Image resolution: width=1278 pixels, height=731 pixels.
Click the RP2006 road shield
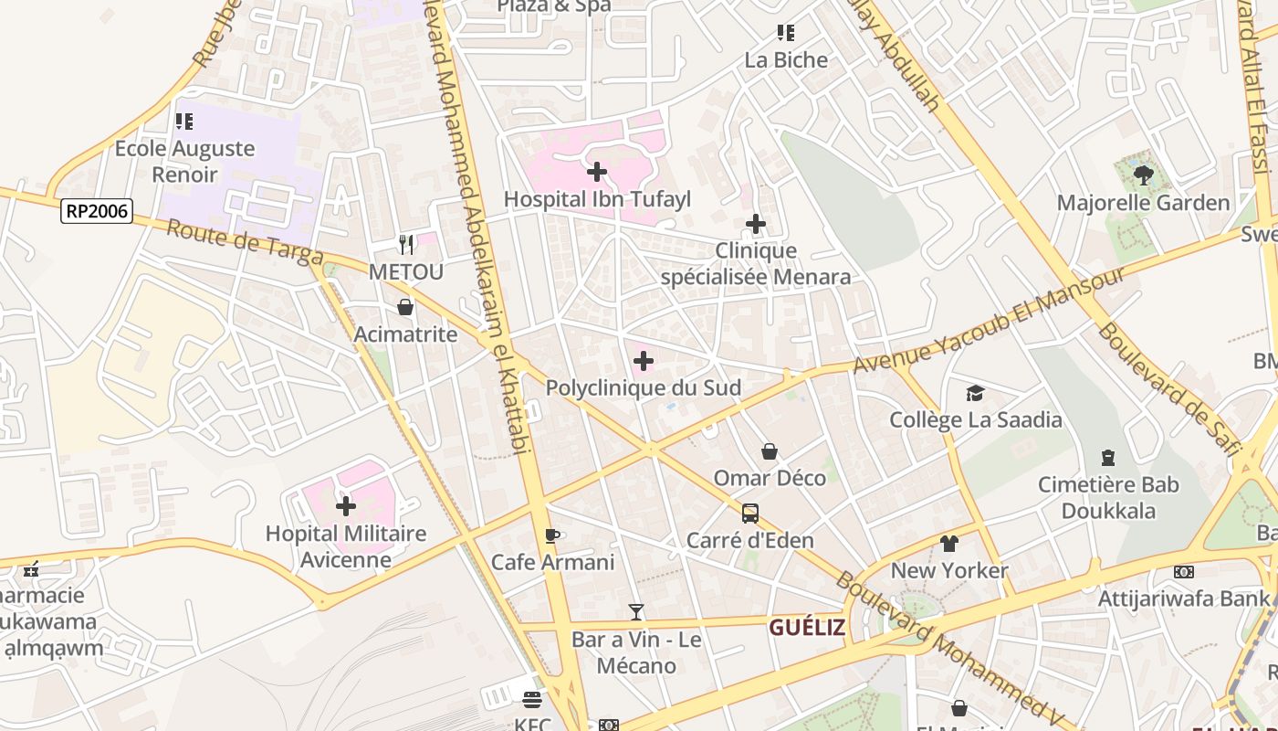[98, 212]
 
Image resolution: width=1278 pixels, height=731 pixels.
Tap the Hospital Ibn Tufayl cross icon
[597, 172]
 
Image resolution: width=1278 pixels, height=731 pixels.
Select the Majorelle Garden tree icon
[1143, 175]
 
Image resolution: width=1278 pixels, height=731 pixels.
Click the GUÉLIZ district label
[806, 628]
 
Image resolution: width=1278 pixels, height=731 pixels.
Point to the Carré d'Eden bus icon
[749, 514]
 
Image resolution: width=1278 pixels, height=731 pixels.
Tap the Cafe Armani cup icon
[551, 535]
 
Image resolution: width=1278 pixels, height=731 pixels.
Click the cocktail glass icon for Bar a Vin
[636, 612]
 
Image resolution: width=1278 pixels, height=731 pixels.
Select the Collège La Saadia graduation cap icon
[975, 393]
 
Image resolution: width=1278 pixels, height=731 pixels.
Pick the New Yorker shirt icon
[949, 544]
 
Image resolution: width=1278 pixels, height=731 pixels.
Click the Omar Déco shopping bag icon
[770, 451]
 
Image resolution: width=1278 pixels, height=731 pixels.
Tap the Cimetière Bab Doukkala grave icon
[1108, 457]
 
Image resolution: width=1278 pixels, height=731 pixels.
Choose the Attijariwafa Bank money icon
[1184, 572]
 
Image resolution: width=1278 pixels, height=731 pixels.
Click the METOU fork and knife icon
[406, 244]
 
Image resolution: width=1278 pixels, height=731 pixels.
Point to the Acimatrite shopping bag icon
[405, 307]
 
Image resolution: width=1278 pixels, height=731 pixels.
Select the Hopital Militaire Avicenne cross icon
[346, 505]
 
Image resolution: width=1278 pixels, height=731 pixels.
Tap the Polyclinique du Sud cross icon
[644, 361]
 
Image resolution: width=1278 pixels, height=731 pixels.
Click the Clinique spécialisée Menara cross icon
[756, 224]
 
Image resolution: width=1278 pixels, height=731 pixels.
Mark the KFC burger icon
[532, 700]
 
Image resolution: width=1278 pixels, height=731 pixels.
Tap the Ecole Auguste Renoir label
[184, 161]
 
